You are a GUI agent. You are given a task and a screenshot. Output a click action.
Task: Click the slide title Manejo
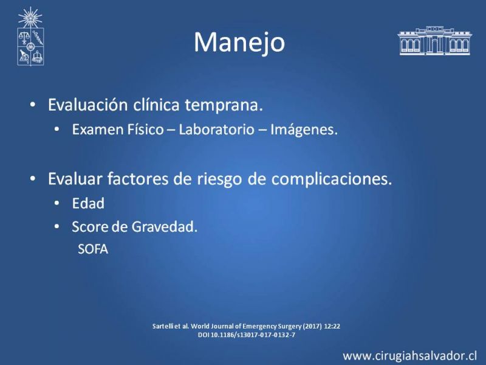(x=239, y=43)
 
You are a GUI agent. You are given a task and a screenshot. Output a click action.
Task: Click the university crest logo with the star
(x=30, y=36)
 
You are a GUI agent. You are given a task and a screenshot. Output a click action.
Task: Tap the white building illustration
(x=434, y=41)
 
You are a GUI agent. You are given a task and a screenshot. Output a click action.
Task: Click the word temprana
(x=224, y=105)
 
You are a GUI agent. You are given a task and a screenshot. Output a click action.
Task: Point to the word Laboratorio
(x=217, y=130)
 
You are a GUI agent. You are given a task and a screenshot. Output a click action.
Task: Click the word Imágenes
(x=304, y=130)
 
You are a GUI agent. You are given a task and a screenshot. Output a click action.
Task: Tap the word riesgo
(x=219, y=179)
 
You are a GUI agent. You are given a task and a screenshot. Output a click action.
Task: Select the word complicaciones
(x=332, y=179)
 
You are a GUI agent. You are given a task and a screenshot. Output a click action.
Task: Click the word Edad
(x=88, y=204)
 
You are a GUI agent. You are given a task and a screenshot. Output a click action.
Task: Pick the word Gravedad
(x=165, y=227)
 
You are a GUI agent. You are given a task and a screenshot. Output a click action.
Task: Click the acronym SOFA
(x=93, y=249)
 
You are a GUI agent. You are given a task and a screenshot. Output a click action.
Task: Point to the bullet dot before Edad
(x=56, y=204)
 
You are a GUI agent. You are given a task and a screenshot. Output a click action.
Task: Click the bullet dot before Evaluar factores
(x=33, y=179)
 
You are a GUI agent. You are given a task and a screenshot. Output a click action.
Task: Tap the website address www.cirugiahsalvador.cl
(x=409, y=356)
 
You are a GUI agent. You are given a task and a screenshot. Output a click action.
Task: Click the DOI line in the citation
(x=247, y=335)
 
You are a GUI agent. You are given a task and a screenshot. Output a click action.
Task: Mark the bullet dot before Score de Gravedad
(x=56, y=227)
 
